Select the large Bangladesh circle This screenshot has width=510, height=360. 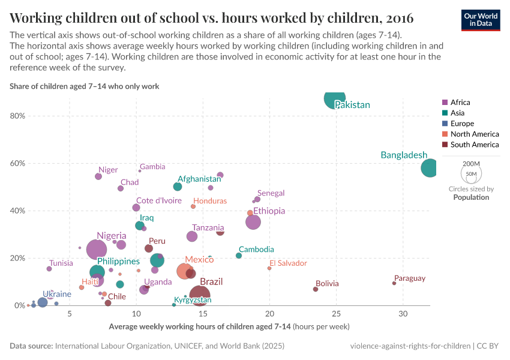pos(430,168)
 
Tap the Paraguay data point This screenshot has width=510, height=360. pos(394,283)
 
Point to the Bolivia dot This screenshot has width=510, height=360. pos(316,289)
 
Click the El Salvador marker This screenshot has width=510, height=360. pos(269,268)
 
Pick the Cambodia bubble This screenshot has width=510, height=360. pos(239,256)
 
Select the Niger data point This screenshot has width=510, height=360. pos(98,176)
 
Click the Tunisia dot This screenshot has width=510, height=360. pos(49,269)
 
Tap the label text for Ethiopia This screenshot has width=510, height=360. pos(269,211)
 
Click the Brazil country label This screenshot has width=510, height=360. pos(211,282)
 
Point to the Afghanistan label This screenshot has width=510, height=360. pos(199,179)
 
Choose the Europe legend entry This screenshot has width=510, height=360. pos(462,124)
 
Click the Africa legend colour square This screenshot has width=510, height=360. pos(445,103)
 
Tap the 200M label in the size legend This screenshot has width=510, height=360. pos(472,164)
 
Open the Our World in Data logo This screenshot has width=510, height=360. pos(481,19)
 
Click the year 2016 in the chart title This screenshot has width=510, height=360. pos(395,16)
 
